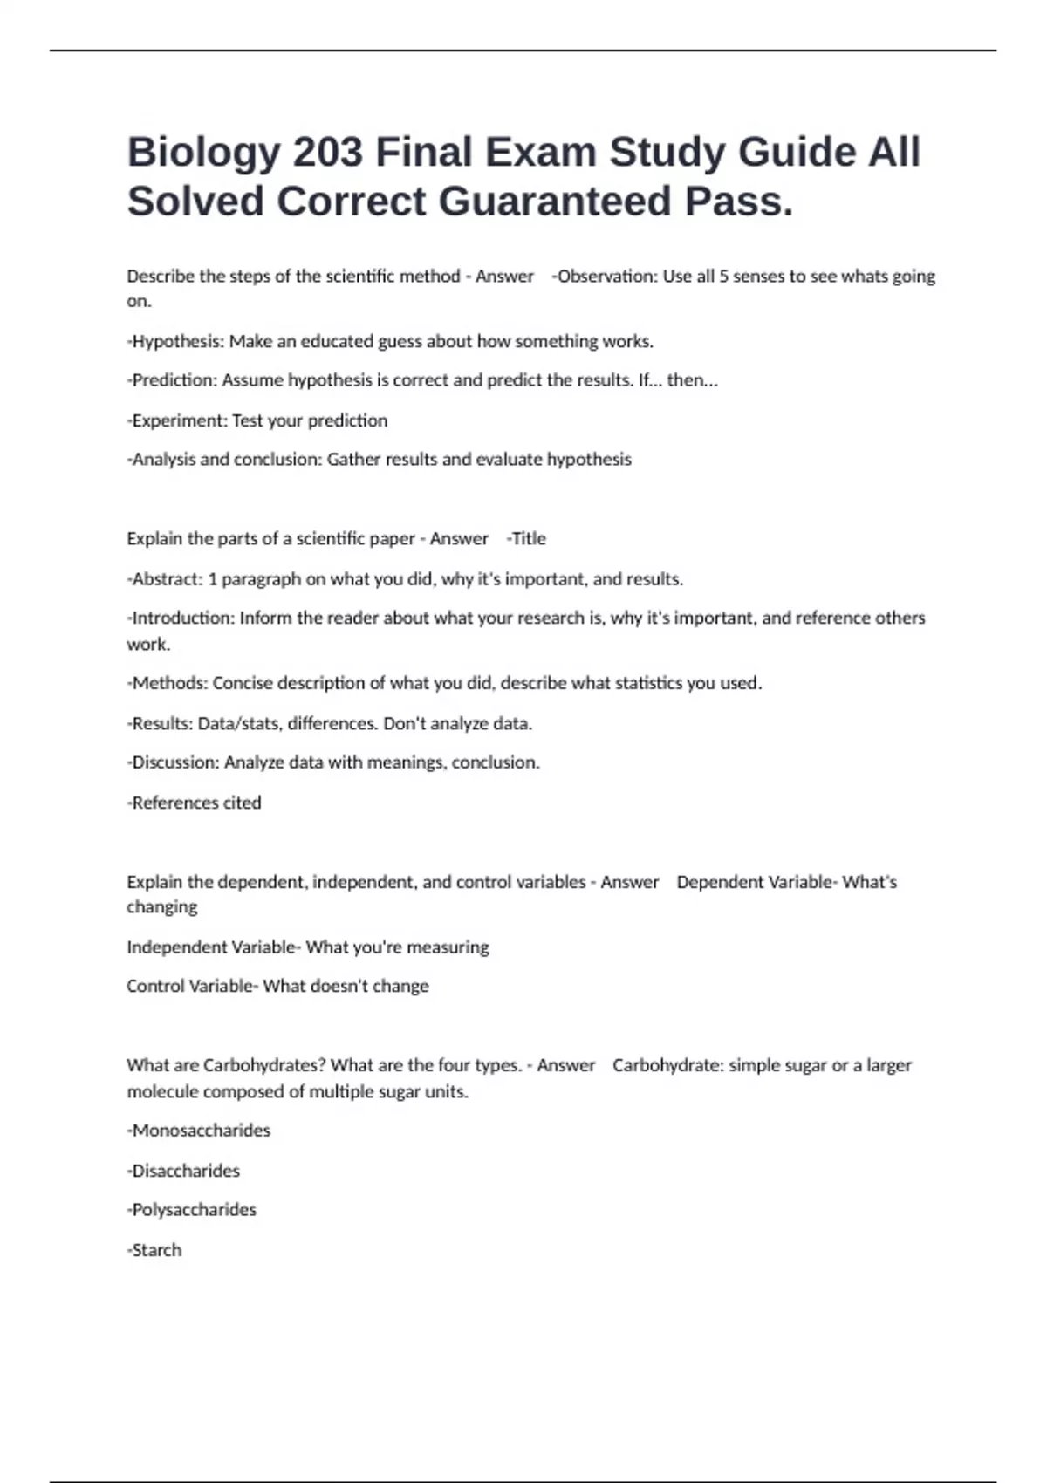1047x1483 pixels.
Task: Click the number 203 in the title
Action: [x=327, y=153]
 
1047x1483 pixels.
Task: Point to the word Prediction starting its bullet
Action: [x=174, y=380]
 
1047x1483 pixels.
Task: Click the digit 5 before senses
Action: [x=723, y=277]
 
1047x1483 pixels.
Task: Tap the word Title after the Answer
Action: [x=529, y=539]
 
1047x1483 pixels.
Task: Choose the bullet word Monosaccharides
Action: [x=201, y=1131]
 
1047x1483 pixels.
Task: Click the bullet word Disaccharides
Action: [x=186, y=1171]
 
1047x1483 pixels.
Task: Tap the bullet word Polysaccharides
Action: [x=194, y=1210]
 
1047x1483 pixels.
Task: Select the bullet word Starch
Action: [x=157, y=1250]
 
